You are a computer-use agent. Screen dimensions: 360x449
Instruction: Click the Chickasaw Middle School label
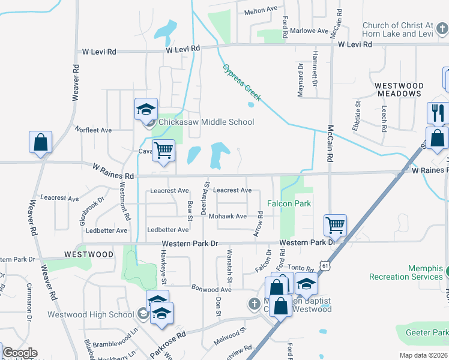point(206,122)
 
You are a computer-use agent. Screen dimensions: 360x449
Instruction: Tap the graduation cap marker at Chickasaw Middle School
point(146,110)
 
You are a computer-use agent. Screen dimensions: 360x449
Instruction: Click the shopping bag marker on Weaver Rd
point(40,143)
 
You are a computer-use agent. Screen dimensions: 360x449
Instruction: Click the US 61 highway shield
point(325,265)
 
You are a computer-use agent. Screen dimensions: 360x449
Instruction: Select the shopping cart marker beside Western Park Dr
point(335,226)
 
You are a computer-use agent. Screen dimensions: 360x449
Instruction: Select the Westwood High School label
point(99,314)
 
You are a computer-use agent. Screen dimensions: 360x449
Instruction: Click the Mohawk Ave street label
point(228,216)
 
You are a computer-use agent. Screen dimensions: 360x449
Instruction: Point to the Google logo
point(20,353)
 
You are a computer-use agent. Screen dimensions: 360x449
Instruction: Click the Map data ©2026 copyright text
point(423,355)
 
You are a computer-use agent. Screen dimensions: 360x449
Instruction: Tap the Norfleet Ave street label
point(93,130)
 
